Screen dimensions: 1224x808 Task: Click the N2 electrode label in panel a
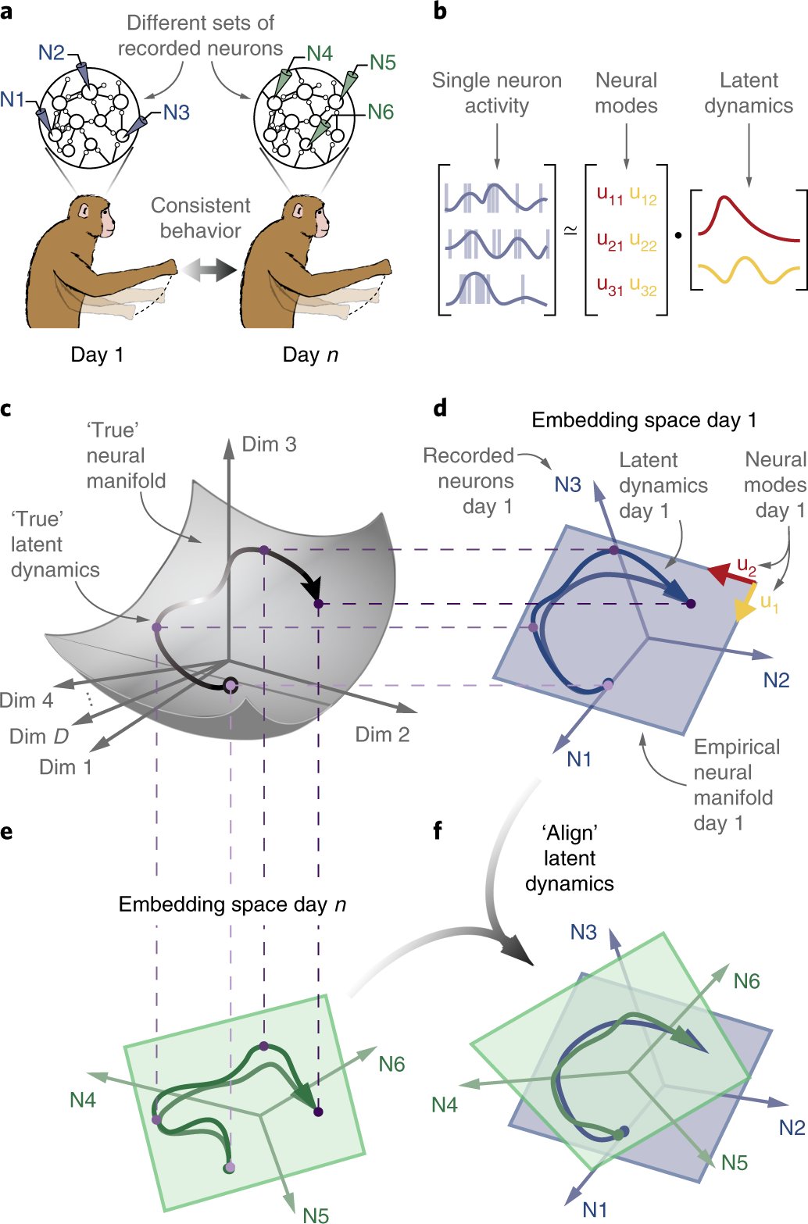52,52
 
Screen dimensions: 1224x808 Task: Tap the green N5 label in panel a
382,62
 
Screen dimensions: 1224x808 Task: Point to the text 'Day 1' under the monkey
97,355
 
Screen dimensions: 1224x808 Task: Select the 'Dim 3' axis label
269,444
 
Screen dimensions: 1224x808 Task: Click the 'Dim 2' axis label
382,734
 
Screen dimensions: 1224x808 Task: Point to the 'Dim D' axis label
39,737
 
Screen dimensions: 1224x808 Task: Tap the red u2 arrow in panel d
730,576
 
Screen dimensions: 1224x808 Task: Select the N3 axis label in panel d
567,485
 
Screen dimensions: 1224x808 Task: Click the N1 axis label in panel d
579,759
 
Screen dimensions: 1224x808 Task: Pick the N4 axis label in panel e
83,1100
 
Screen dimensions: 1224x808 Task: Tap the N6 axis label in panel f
746,981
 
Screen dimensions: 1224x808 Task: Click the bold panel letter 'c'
6,409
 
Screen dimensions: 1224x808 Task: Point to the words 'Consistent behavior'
200,218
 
